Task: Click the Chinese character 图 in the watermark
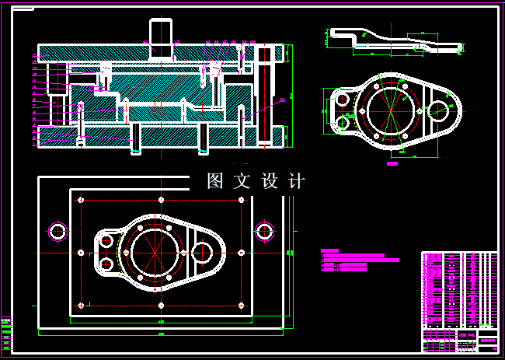[x=215, y=181]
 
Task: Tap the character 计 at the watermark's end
[x=296, y=181]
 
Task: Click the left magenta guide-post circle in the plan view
[x=58, y=231]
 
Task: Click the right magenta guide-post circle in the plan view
[x=265, y=230]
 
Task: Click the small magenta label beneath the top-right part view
[x=392, y=164]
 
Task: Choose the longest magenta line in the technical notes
[x=360, y=260]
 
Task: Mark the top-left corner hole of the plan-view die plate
[x=81, y=201]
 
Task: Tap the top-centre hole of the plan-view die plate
[x=161, y=200]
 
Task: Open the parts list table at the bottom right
[x=458, y=299]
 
